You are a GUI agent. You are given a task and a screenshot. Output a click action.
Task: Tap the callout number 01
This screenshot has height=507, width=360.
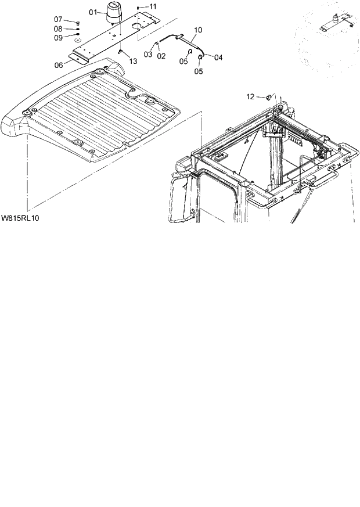[x=93, y=12]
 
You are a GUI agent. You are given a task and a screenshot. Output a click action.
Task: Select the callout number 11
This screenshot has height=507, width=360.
[x=153, y=6]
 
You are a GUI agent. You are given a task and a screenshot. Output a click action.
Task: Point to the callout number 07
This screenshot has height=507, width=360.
[x=59, y=19]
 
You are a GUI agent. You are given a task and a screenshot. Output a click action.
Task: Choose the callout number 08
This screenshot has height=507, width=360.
[x=59, y=28]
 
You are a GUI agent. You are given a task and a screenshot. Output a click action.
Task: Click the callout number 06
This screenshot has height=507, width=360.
[x=59, y=65]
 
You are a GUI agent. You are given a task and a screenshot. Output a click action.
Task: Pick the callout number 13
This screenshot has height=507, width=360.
[x=134, y=61]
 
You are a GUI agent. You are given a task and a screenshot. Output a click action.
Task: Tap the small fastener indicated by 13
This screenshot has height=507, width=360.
[x=120, y=52]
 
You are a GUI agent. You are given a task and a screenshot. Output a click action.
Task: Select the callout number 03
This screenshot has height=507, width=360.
[x=148, y=55]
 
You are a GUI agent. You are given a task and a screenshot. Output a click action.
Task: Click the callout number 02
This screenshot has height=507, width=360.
[x=161, y=56]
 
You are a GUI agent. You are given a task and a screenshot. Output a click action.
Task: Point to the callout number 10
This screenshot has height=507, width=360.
[x=198, y=29]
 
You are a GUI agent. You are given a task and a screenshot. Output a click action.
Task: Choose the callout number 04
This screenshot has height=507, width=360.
[x=218, y=57]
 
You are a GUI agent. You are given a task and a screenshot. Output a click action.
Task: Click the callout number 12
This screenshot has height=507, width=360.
[x=251, y=96]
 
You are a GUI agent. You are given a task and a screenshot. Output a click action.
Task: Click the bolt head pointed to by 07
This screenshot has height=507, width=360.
[x=77, y=21]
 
